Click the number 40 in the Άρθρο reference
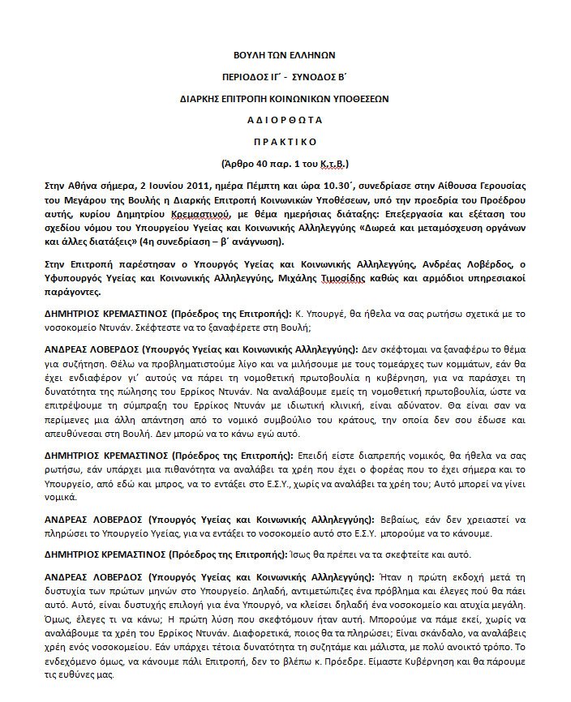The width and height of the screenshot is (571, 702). pyautogui.click(x=273, y=162)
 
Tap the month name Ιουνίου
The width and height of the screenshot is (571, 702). pyautogui.click(x=148, y=186)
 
